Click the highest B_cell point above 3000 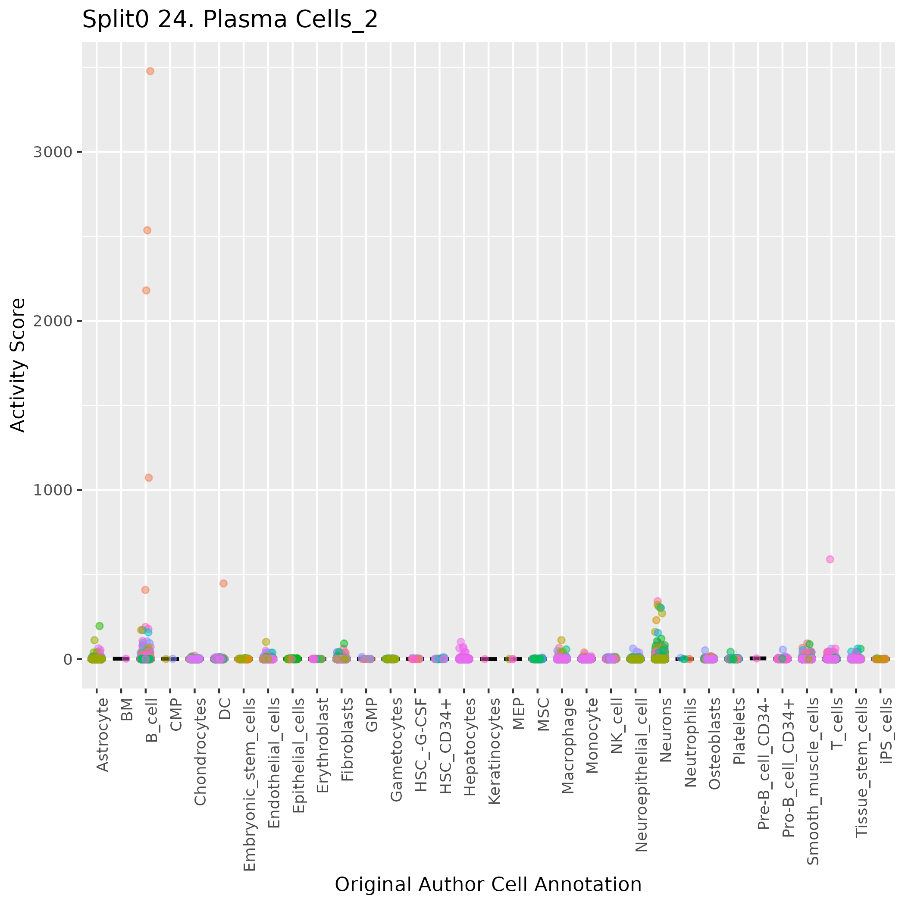(150, 71)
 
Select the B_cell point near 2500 (147, 230)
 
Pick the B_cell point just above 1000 (148, 478)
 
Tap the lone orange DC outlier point (223, 583)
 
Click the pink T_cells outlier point (830, 559)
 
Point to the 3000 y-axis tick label (53, 152)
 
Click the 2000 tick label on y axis (53, 321)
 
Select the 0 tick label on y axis (67, 659)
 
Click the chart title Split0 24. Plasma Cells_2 (229, 20)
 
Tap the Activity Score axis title (18, 365)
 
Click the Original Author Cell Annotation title (488, 884)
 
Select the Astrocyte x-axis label (102, 735)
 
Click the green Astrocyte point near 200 (99, 626)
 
